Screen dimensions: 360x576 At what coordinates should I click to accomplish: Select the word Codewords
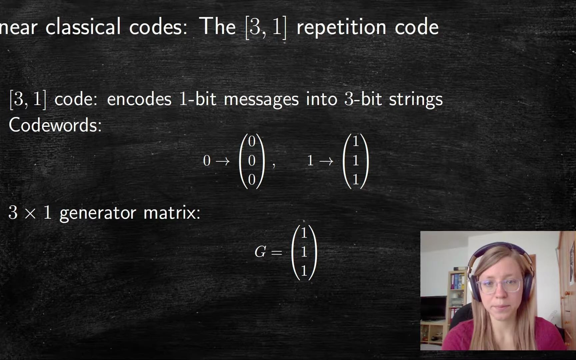(x=55, y=125)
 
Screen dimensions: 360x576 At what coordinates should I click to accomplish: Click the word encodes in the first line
(x=139, y=99)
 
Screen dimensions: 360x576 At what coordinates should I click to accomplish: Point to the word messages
(x=261, y=100)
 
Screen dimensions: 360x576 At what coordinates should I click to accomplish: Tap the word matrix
(x=171, y=212)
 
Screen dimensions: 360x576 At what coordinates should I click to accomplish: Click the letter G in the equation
(x=260, y=252)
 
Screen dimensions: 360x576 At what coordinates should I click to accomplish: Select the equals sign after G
(x=276, y=253)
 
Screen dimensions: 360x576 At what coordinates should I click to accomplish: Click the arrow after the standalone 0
(x=223, y=161)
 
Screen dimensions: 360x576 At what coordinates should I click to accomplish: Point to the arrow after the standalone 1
(x=326, y=161)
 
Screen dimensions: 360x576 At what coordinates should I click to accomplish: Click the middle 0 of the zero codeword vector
(x=252, y=161)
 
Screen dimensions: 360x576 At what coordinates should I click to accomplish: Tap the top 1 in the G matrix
(x=304, y=233)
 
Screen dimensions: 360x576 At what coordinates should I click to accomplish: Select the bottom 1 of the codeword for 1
(x=356, y=180)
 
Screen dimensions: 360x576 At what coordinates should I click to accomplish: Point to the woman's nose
(x=499, y=293)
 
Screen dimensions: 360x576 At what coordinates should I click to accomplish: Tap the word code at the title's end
(x=417, y=27)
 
